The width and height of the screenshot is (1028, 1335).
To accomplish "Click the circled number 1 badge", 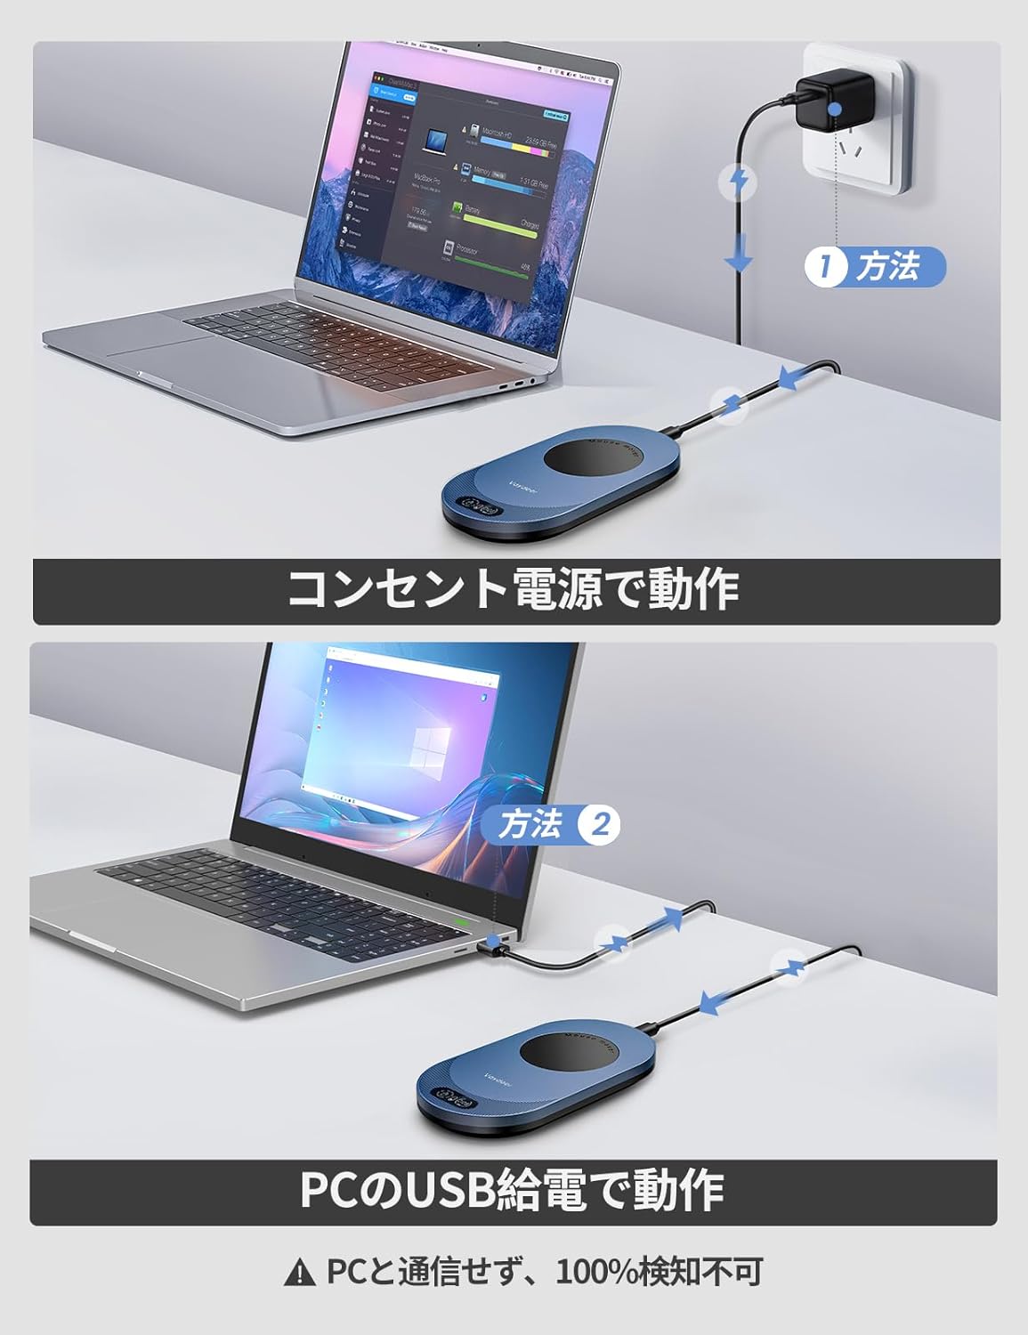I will (824, 266).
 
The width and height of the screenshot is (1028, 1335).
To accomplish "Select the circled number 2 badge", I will (599, 825).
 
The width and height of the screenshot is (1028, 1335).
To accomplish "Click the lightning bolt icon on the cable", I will (739, 182).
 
